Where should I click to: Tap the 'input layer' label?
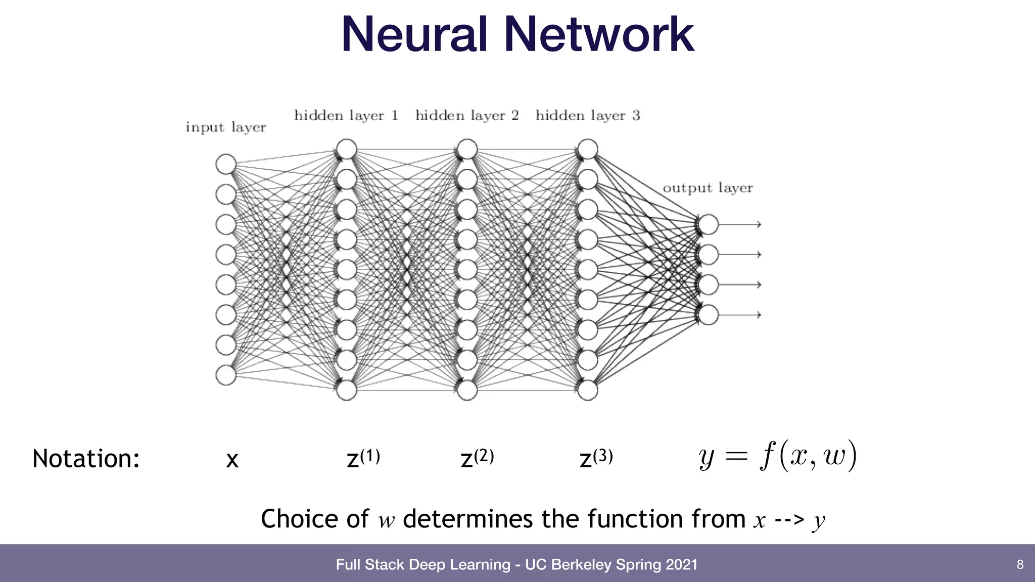click(x=225, y=127)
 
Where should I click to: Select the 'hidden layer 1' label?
click(x=346, y=116)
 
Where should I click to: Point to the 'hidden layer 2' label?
click(x=467, y=116)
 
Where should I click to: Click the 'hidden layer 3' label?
click(x=588, y=116)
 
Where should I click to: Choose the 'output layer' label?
click(x=708, y=188)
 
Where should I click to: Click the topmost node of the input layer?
click(x=226, y=164)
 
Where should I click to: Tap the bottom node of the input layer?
click(x=226, y=375)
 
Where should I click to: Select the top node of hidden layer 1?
click(x=347, y=150)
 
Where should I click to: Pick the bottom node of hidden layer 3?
click(x=588, y=390)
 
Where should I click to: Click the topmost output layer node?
click(x=709, y=224)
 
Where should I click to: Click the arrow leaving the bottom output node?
click(x=740, y=315)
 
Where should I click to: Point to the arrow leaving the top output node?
click(x=740, y=224)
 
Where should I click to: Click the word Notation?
click(x=86, y=459)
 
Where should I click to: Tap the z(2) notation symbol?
click(x=477, y=458)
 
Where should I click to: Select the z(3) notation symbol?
click(x=596, y=458)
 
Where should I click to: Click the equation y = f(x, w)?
click(x=778, y=456)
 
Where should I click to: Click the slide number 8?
click(x=1020, y=564)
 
